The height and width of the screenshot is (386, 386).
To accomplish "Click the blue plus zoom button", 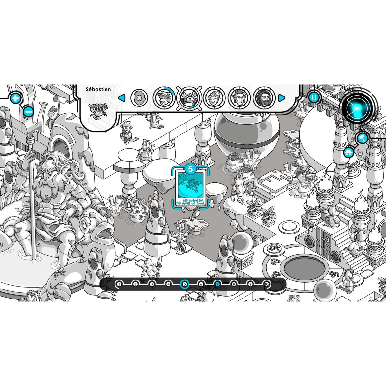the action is tap(15, 98).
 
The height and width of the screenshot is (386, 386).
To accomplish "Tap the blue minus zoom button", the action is tap(28, 112).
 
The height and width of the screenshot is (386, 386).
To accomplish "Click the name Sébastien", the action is tap(98, 89).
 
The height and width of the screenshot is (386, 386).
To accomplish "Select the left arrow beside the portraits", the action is tap(122, 98).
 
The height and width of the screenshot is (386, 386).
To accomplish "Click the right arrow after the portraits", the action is tap(281, 98).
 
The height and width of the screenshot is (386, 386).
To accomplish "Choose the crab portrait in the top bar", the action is tap(189, 98).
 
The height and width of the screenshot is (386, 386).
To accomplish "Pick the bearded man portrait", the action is tap(264, 98).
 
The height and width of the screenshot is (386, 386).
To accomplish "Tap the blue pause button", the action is tap(314, 97).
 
